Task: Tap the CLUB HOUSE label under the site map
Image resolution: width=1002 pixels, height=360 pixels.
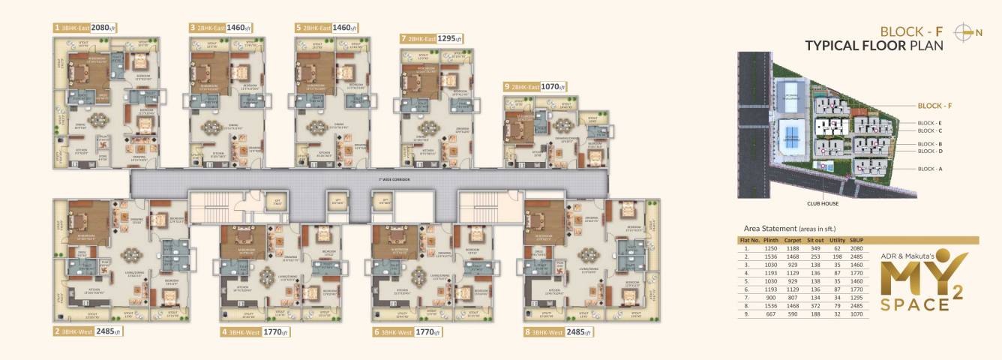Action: click(x=822, y=203)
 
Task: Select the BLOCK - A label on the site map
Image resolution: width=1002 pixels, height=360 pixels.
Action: click(x=929, y=169)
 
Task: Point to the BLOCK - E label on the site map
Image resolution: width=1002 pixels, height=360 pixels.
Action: click(x=929, y=122)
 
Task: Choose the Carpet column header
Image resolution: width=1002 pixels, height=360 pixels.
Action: click(x=793, y=241)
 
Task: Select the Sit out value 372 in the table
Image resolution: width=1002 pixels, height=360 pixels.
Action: click(x=816, y=306)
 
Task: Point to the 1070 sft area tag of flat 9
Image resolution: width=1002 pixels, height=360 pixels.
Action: click(x=553, y=87)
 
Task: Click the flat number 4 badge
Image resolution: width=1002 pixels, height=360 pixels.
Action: click(x=223, y=331)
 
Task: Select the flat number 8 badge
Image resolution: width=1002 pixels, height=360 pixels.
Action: click(x=527, y=331)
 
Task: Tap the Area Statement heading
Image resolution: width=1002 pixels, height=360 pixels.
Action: click(x=789, y=228)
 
